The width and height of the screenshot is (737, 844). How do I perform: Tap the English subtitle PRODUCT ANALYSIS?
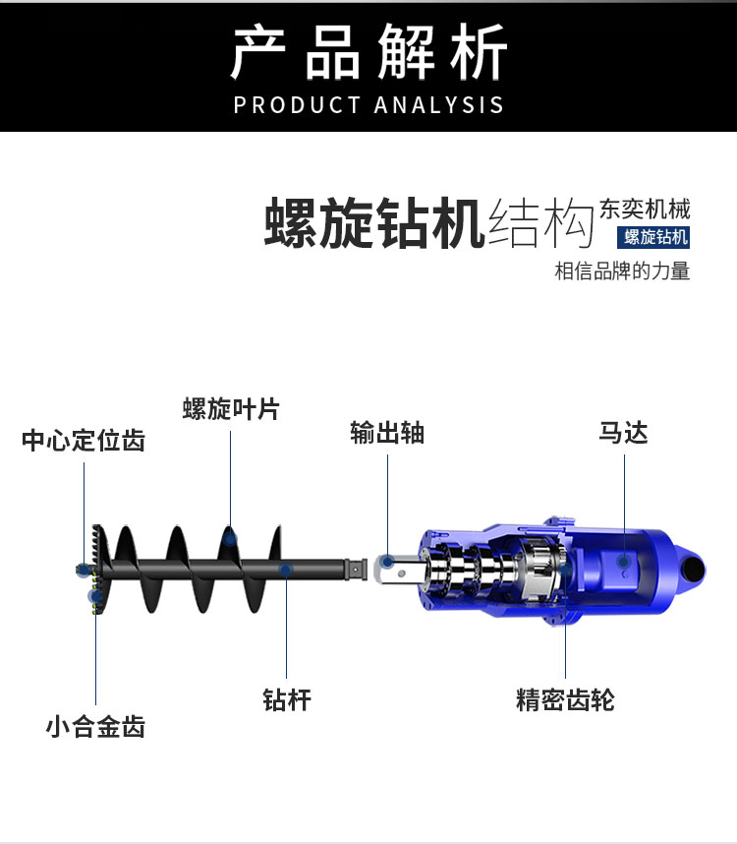click(x=368, y=105)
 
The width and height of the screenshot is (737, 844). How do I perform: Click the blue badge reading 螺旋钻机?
click(x=656, y=237)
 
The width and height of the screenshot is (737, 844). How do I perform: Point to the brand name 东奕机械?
click(x=645, y=209)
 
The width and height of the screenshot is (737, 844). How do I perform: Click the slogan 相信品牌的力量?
click(x=622, y=271)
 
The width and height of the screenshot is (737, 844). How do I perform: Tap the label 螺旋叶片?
click(x=231, y=409)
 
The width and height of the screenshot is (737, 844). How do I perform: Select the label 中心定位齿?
click(x=84, y=440)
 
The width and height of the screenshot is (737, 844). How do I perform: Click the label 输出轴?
click(x=387, y=433)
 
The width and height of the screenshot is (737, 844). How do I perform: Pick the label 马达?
click(x=624, y=433)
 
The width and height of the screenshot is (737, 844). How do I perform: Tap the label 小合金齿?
click(x=95, y=727)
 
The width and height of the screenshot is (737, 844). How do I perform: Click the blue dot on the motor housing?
click(x=624, y=562)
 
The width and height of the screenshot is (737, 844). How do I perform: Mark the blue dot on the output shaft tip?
click(x=387, y=562)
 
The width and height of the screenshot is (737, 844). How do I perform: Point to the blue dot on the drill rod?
click(x=286, y=570)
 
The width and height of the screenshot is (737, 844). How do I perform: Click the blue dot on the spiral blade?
click(x=231, y=537)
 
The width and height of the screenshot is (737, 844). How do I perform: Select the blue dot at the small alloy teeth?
click(x=95, y=595)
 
